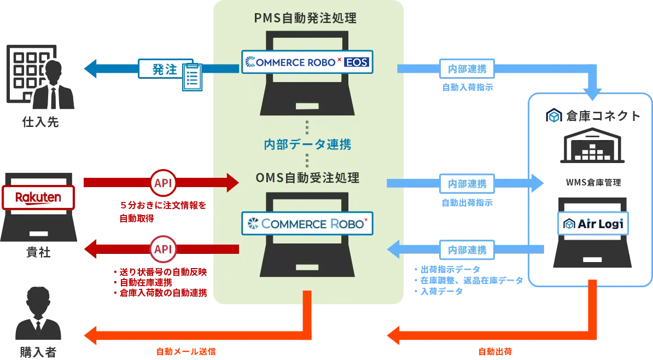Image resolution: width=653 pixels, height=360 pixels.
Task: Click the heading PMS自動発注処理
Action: (305, 18)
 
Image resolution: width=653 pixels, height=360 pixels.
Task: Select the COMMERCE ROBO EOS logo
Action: (307, 62)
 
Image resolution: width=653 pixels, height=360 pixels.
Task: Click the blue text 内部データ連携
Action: (307, 144)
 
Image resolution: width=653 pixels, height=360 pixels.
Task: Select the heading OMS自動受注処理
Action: (307, 178)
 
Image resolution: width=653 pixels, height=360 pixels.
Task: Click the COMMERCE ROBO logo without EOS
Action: (307, 223)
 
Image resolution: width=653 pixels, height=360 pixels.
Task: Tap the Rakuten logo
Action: (38, 197)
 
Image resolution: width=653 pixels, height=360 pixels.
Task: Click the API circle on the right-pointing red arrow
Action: (163, 183)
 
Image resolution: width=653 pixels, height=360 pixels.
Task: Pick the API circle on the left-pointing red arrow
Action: (163, 249)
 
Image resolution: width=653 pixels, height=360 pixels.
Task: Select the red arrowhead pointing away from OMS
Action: (91, 250)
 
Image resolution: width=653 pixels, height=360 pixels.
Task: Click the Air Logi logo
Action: (593, 224)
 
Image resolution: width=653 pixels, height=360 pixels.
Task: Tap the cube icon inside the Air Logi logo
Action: (570, 224)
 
